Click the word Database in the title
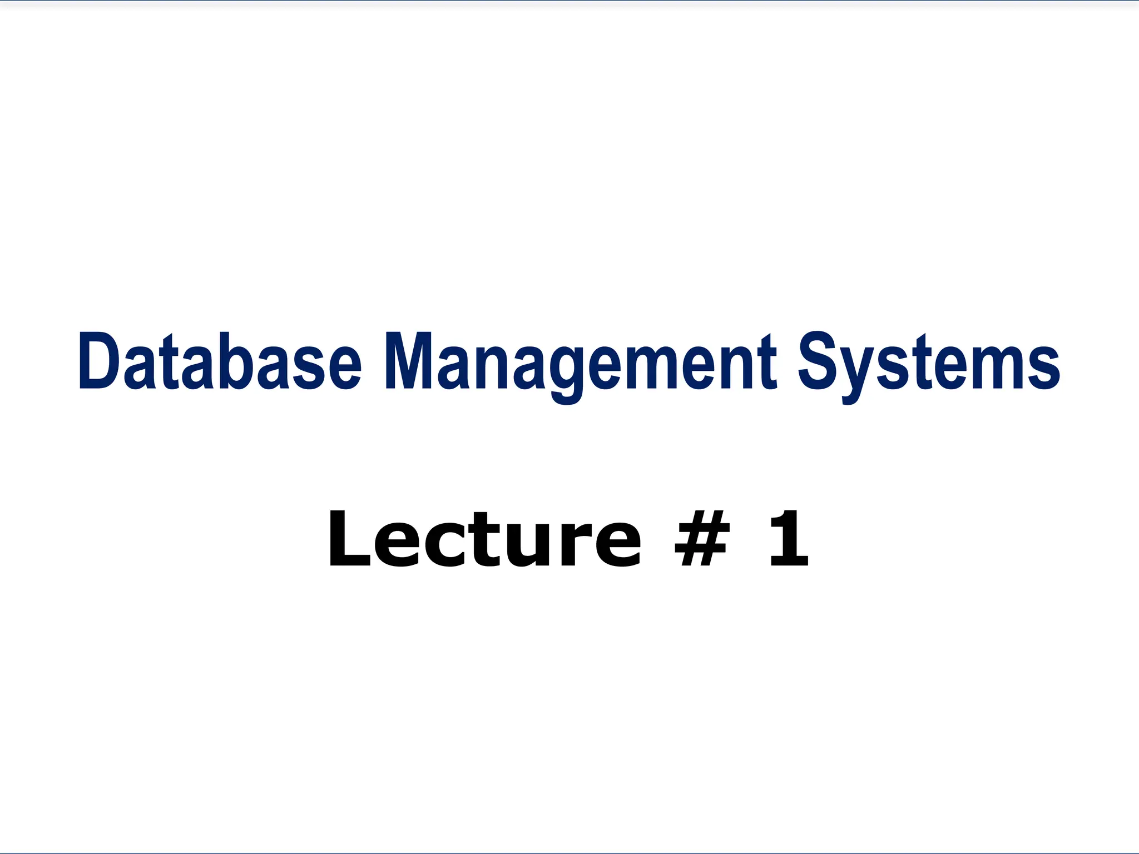(220, 361)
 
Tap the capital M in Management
(409, 361)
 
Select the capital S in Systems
(818, 361)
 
